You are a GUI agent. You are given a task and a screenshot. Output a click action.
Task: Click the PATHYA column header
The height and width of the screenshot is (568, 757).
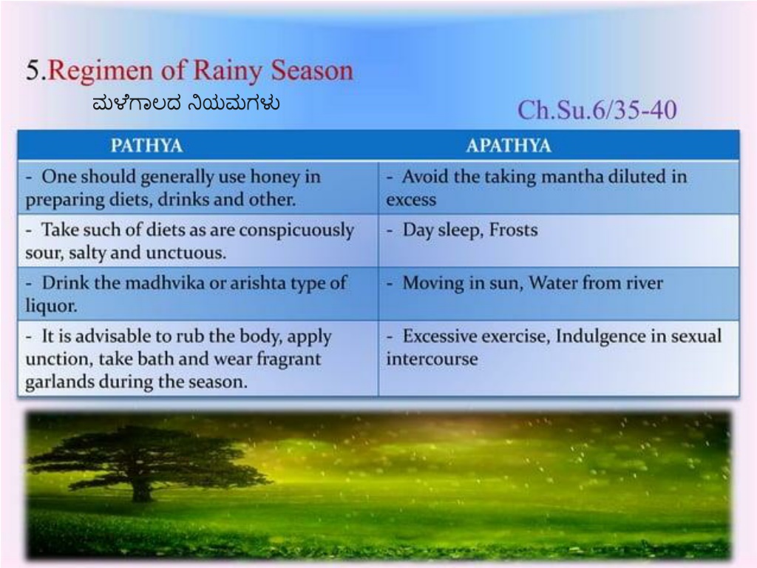point(146,146)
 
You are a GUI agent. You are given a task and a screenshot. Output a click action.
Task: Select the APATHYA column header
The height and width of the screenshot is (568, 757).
point(509,146)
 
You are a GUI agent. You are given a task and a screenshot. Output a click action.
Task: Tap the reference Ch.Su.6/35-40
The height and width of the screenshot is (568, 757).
point(597,109)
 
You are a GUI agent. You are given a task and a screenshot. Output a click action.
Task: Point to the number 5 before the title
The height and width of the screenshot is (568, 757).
point(33,70)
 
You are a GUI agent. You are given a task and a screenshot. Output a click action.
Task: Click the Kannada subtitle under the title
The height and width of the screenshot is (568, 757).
point(186,104)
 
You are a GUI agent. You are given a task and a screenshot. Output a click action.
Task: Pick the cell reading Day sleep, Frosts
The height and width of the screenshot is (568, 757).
point(559,240)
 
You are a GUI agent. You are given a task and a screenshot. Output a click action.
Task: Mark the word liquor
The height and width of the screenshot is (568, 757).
point(51,306)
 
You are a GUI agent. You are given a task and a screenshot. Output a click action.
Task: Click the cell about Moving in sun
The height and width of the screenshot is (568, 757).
point(559,293)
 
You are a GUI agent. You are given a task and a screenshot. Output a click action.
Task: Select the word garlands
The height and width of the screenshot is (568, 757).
point(60,382)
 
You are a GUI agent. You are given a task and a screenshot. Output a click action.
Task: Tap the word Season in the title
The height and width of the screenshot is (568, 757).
point(312,70)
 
